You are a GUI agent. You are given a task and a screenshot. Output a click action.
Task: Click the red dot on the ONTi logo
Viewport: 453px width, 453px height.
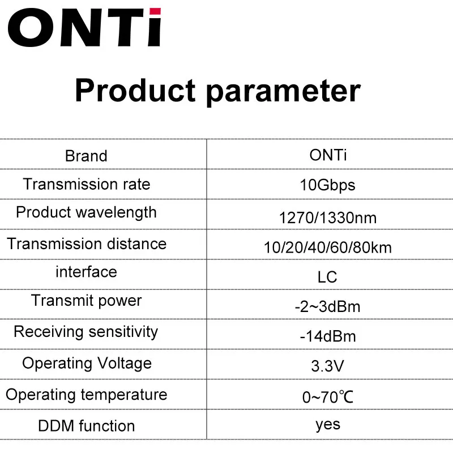coord(155,11)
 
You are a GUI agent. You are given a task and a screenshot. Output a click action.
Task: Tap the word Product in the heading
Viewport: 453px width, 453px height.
coord(135,91)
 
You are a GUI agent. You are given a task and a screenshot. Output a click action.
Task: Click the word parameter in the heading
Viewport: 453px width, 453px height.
coord(284,92)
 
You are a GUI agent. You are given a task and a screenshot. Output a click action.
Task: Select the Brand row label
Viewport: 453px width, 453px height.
coord(86,156)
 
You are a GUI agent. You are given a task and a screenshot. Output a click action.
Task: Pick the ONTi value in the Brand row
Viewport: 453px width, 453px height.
coord(328,155)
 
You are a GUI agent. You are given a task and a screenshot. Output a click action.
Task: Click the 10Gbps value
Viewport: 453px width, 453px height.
coord(328,186)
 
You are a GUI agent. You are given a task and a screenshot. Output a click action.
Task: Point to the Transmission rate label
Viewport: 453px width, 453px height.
coord(87,185)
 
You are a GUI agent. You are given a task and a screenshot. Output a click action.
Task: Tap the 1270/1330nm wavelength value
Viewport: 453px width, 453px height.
coord(328,218)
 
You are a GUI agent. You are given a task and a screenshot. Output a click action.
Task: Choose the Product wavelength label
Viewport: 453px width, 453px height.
coord(87,213)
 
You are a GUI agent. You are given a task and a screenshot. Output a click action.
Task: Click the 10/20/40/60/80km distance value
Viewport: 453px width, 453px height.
coord(328,248)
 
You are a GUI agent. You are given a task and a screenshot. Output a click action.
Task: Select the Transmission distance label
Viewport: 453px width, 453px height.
coord(87,244)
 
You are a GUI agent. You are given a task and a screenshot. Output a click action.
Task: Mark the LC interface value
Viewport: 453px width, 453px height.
coord(327,277)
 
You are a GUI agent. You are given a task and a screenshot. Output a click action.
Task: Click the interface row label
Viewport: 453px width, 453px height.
coord(87,272)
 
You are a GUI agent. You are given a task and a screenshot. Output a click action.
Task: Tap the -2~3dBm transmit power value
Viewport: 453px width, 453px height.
coord(328,307)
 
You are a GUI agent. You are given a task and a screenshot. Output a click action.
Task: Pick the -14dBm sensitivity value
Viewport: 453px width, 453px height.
coord(328,336)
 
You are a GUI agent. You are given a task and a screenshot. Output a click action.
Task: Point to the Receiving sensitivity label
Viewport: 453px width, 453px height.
coord(86,332)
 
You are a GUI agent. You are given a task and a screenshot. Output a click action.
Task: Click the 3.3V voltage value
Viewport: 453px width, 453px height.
coord(328,366)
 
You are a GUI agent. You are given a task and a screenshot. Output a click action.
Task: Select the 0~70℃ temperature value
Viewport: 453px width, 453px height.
coord(328,398)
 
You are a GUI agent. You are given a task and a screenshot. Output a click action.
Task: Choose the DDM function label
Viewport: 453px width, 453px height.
coord(87,426)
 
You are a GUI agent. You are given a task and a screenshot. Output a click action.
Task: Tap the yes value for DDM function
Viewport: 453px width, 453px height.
coord(328,425)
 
